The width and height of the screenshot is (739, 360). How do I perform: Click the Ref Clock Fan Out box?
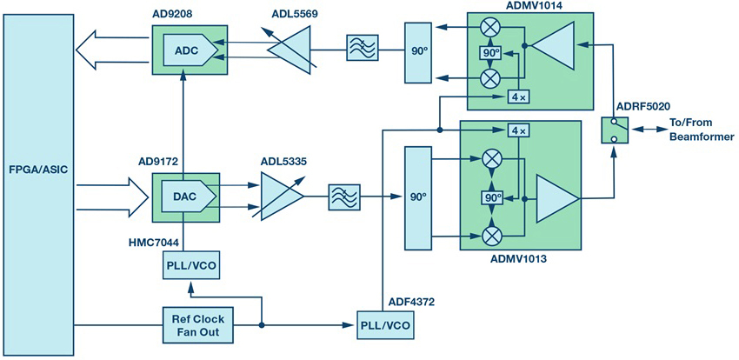pos(198,324)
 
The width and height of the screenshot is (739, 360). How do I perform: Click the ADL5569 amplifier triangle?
pos(290,50)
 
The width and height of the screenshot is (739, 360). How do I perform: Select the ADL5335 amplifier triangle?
pos(282,196)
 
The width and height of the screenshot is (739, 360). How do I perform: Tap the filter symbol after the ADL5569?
pos(362,48)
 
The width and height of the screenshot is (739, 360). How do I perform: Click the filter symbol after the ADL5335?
pos(344,197)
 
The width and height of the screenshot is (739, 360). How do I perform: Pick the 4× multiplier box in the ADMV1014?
pos(518,97)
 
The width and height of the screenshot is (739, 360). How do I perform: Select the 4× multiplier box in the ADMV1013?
pos(518,130)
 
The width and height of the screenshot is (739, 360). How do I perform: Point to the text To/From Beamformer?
pos(701,130)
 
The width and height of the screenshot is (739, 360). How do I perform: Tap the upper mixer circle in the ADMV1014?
pos(490,29)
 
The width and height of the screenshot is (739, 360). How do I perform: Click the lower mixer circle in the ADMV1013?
pos(490,234)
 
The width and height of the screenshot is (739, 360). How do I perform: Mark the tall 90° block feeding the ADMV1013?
pos(417,198)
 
